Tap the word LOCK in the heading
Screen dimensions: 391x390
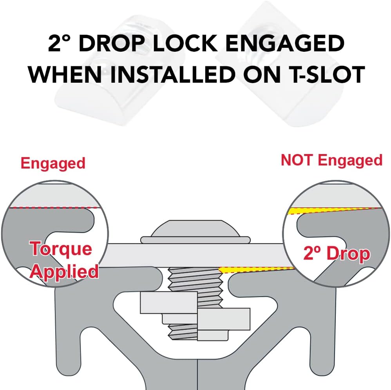[x=186, y=44]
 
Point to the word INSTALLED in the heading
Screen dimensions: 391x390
[x=173, y=74]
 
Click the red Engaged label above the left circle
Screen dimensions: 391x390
[x=53, y=163]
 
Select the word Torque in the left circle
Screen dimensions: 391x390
[x=61, y=249]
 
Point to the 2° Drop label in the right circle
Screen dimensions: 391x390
[x=337, y=254]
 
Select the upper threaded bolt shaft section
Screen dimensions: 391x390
[x=195, y=280]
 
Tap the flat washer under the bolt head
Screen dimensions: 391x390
[x=195, y=240]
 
